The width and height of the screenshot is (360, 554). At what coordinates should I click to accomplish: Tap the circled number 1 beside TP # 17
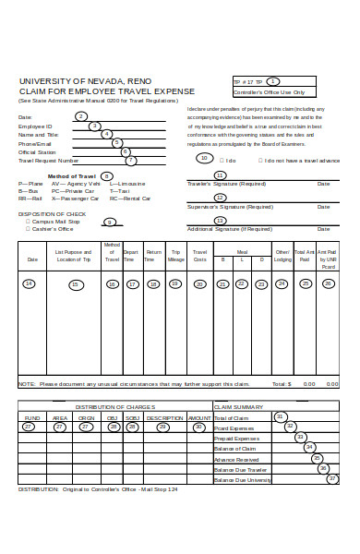click(x=272, y=81)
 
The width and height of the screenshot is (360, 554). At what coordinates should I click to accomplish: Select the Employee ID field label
click(x=36, y=126)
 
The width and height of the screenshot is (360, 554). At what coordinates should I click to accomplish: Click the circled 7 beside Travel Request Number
click(x=130, y=160)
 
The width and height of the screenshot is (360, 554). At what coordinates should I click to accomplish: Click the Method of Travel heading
click(x=72, y=175)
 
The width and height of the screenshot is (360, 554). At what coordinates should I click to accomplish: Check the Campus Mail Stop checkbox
click(x=27, y=221)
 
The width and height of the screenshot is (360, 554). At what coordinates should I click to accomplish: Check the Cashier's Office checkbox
click(x=27, y=228)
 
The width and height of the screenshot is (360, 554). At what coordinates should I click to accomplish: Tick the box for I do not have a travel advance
click(x=261, y=160)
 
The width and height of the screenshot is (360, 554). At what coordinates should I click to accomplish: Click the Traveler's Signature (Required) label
click(x=226, y=183)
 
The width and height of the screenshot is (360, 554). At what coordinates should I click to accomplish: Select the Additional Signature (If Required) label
click(x=229, y=228)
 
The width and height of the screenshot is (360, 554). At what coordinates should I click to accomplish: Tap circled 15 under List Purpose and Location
click(x=76, y=284)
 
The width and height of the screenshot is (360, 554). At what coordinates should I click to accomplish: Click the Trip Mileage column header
click(x=175, y=256)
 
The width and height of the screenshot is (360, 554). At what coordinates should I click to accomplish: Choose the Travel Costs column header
click(x=199, y=256)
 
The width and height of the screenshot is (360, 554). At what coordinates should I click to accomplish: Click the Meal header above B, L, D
click(x=242, y=250)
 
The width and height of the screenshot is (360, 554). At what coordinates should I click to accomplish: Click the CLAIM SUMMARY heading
click(x=239, y=406)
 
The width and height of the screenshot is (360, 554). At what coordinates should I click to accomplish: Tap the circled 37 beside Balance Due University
click(x=331, y=478)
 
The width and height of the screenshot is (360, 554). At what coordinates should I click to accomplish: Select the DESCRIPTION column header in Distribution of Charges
click(x=163, y=416)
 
